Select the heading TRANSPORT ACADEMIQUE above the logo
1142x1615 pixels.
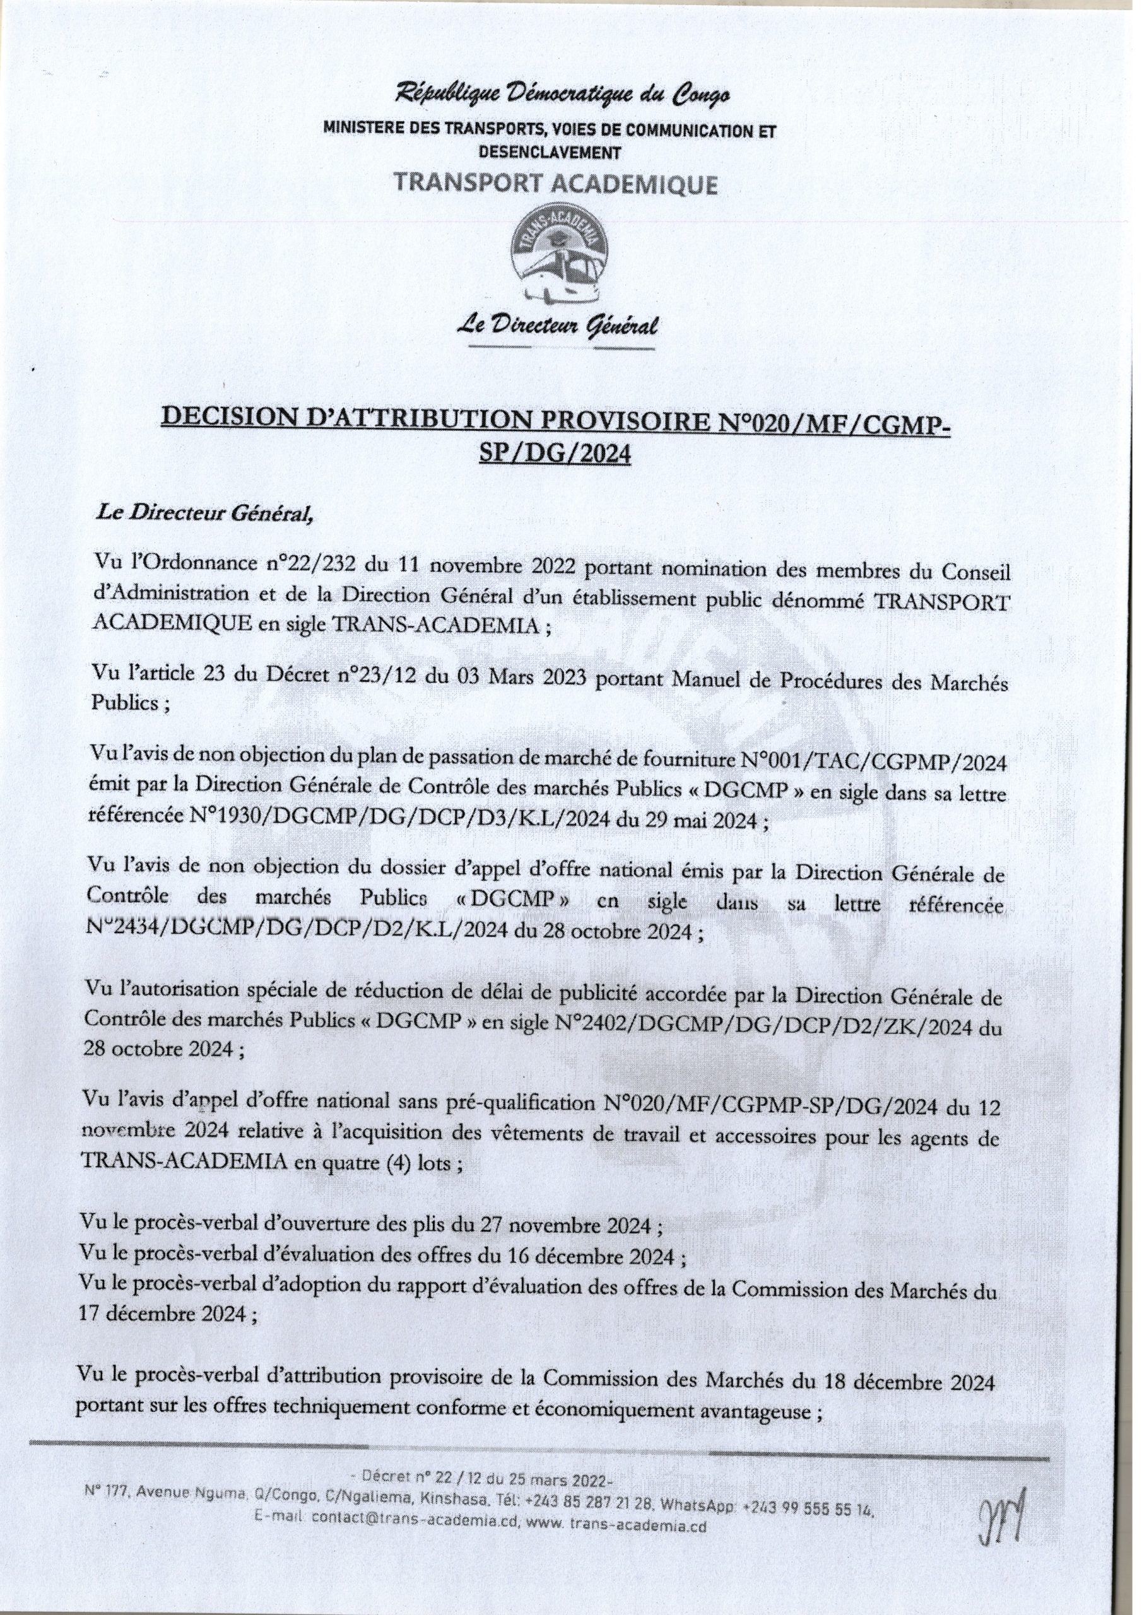(556, 184)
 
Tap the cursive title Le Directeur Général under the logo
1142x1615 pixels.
(557, 326)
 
